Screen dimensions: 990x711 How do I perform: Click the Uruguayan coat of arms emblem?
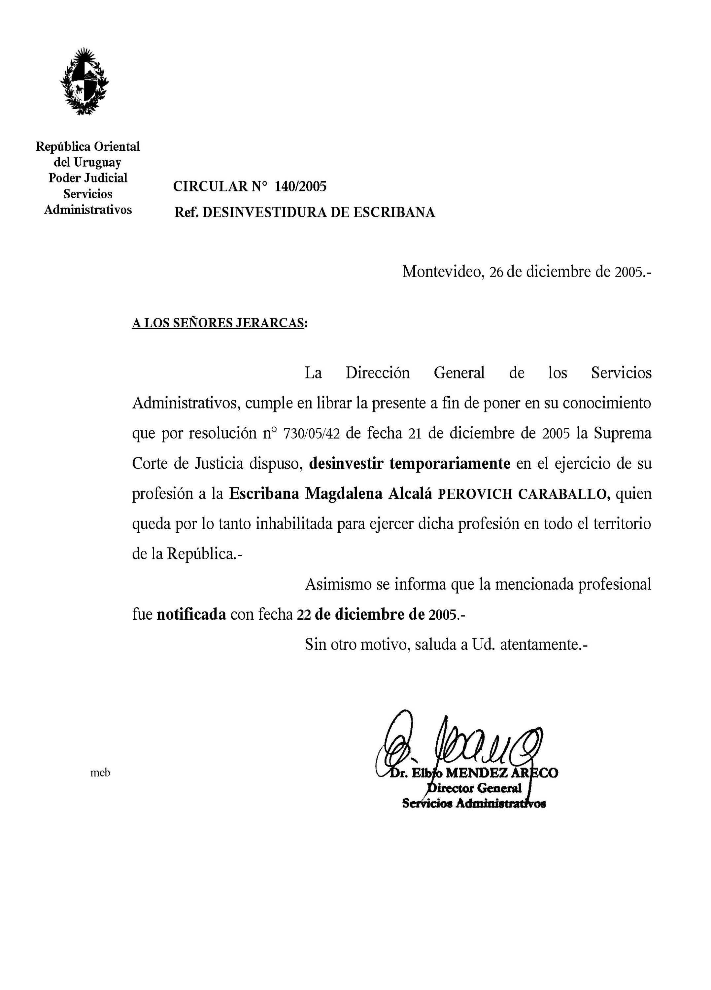84,81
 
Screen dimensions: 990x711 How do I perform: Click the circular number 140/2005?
300,186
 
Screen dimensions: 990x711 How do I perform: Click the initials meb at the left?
100,773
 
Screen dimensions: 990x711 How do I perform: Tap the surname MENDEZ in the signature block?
477,773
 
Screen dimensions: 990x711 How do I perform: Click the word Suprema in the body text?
622,433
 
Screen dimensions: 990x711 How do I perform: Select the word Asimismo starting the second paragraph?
338,584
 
